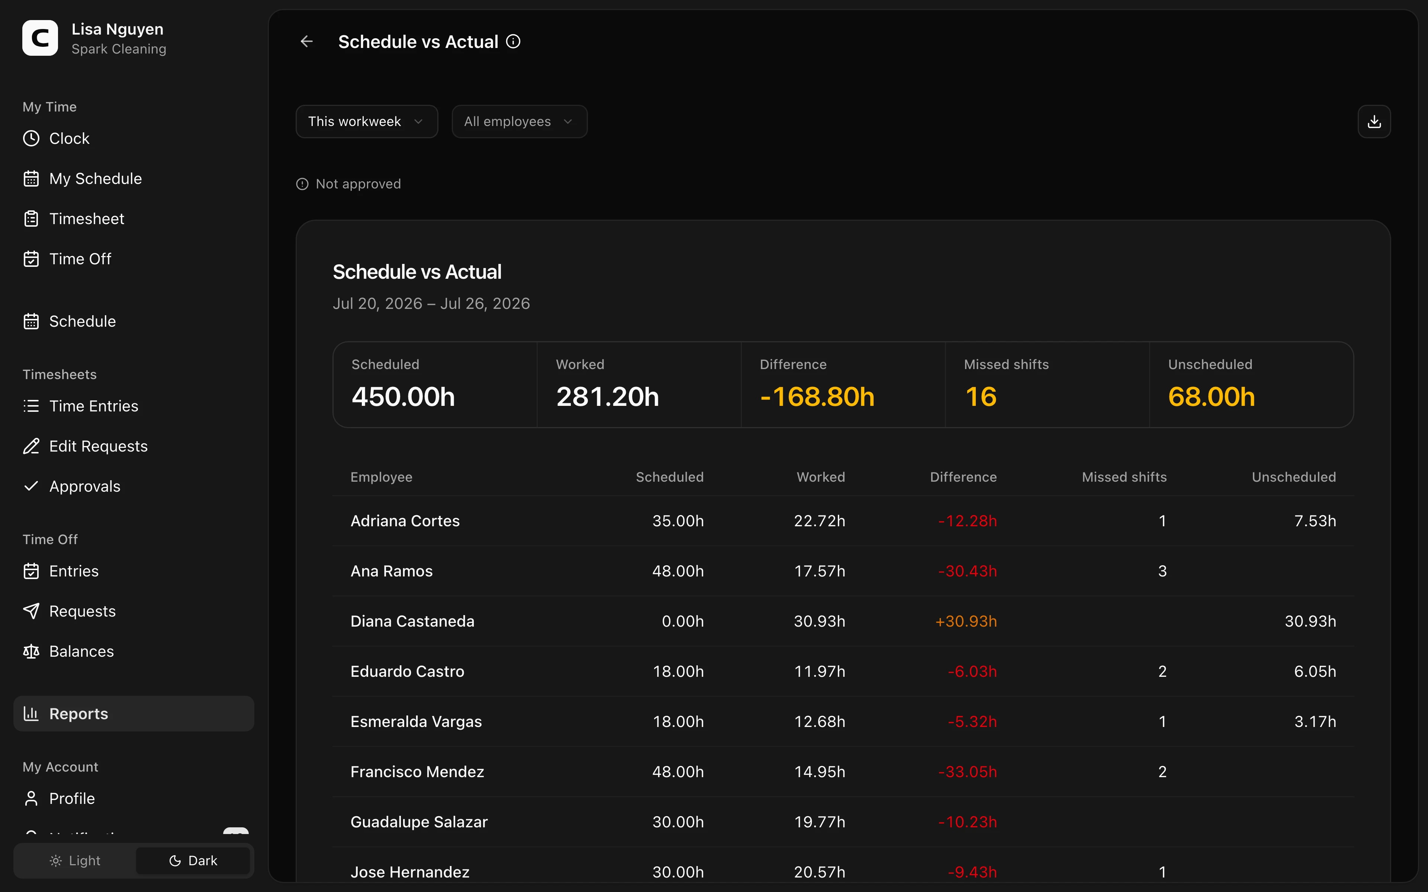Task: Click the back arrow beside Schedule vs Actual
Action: point(306,41)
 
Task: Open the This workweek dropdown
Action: point(366,122)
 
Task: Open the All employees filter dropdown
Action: point(519,122)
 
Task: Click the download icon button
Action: point(1374,122)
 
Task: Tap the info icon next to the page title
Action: point(513,41)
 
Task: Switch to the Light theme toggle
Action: point(75,861)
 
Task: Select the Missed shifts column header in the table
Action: point(1124,477)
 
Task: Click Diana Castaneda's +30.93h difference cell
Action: point(966,621)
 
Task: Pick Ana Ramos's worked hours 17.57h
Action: point(820,571)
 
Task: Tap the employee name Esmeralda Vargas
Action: point(416,721)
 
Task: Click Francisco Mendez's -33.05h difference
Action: point(968,772)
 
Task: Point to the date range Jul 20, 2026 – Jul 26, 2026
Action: point(431,304)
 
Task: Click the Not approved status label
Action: point(358,184)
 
